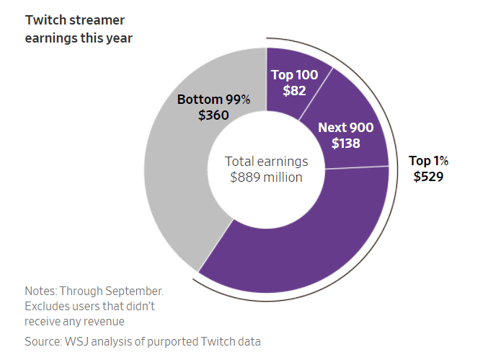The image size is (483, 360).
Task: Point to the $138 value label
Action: (346, 143)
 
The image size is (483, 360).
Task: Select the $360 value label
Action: (213, 115)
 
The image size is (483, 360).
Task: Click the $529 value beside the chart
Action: (427, 176)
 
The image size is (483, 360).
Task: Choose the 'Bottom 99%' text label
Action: (213, 100)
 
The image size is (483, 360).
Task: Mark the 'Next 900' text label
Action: (346, 128)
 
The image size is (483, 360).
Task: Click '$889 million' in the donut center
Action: (267, 177)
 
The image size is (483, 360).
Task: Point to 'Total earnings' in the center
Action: (267, 162)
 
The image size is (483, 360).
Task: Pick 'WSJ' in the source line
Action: (82, 340)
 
